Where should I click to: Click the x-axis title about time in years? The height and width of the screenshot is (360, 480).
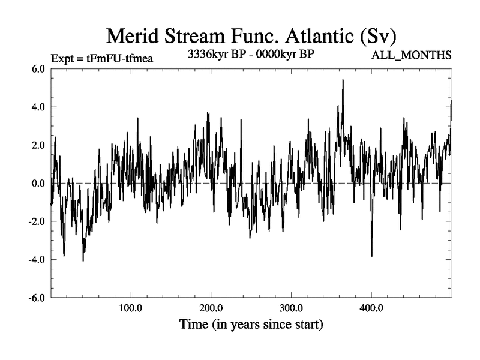pos(251,326)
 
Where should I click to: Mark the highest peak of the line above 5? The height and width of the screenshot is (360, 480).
pos(343,80)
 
